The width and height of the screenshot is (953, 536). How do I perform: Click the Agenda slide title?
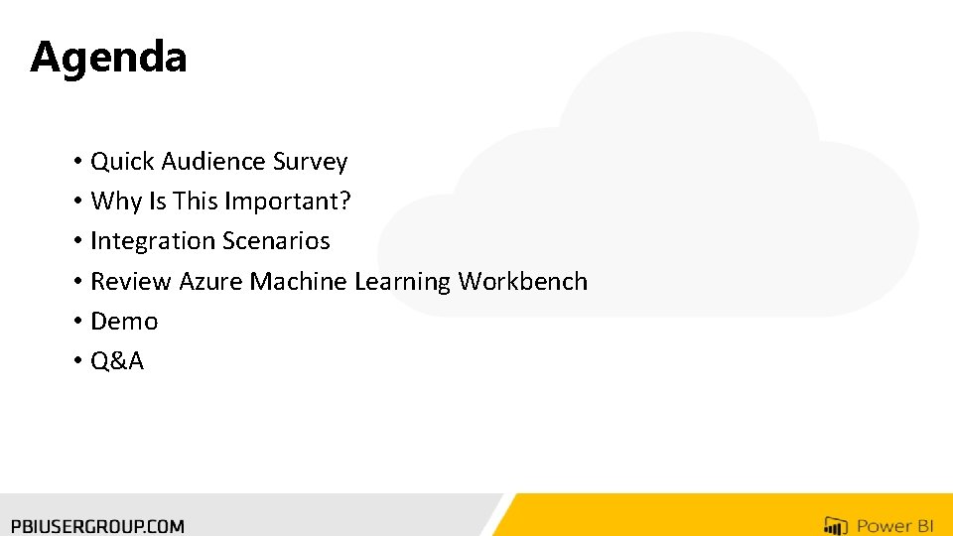pos(108,58)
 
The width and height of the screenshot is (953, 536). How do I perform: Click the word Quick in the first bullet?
pos(122,162)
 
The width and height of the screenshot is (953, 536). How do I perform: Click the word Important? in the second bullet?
pos(288,201)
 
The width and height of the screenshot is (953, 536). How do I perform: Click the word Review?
pos(131,282)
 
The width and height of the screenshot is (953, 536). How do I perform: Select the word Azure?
pos(210,282)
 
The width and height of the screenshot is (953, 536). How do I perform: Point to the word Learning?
pos(402,282)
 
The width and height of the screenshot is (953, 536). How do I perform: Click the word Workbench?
pos(522,282)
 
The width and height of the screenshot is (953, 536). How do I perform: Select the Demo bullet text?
pos(124,322)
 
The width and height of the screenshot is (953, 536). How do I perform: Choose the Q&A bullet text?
pos(117,361)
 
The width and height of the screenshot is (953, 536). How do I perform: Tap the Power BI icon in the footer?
pos(835,525)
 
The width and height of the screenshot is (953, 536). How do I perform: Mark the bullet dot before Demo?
pos(76,322)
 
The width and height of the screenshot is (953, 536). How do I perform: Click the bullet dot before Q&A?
pos(76,361)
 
